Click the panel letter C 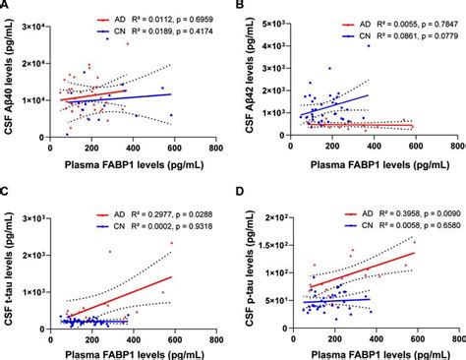7,193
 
